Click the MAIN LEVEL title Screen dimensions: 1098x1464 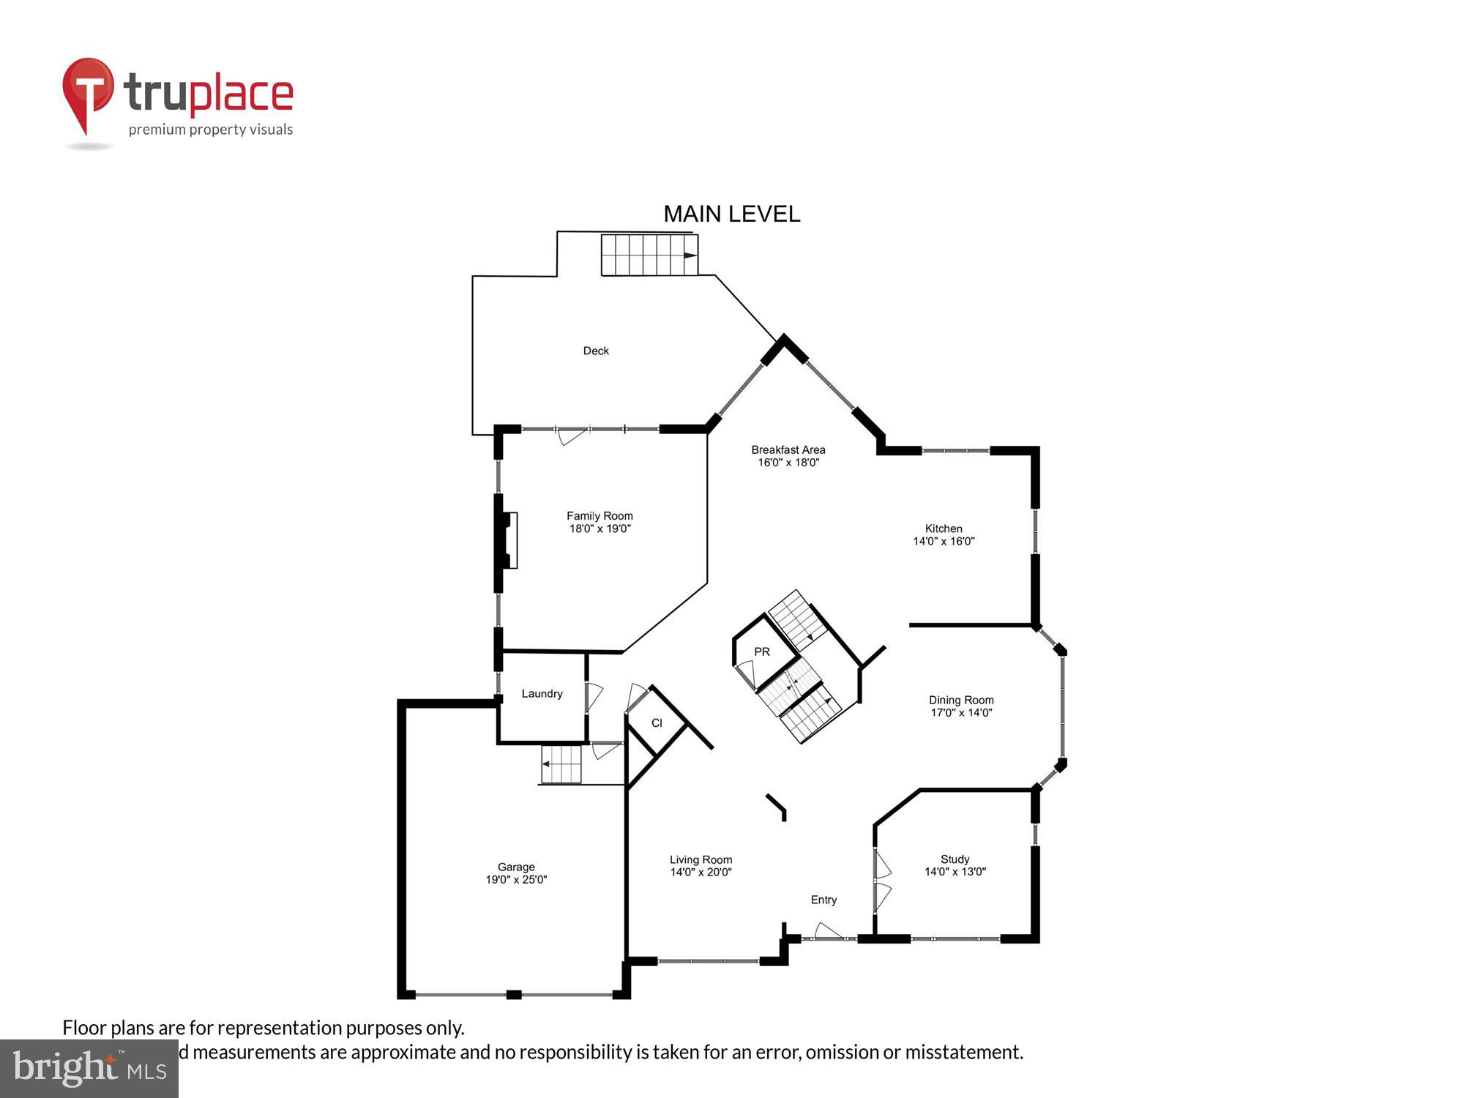731,214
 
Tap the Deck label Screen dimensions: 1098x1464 596,351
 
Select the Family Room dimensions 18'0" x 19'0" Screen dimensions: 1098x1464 600,529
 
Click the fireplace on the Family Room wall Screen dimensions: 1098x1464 509,540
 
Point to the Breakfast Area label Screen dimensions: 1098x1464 788,449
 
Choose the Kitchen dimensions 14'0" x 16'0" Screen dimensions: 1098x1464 944,542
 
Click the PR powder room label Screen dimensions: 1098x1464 762,651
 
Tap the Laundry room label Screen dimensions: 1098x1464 542,693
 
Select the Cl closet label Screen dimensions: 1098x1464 657,723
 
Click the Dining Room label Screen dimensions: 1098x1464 961,700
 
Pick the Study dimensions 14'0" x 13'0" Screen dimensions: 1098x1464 955,872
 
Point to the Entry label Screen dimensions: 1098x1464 823,900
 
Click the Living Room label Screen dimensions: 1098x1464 701,859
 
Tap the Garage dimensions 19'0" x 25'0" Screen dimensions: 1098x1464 516,880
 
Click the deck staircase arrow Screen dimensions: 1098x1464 690,255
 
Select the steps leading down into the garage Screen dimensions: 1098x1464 561,764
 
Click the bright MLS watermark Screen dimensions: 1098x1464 89,1069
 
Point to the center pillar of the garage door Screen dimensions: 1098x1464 514,994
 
